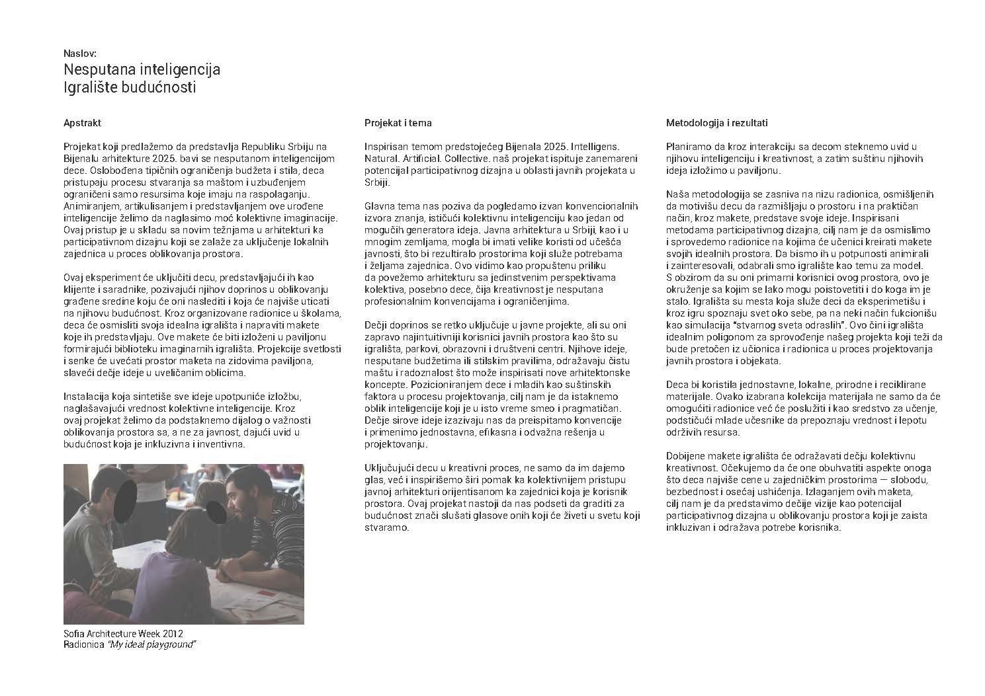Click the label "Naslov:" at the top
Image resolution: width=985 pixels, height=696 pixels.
point(80,53)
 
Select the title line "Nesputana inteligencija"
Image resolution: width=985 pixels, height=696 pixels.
point(142,69)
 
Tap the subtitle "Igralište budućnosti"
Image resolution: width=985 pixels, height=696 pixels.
point(130,87)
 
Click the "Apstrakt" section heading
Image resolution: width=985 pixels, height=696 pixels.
point(82,123)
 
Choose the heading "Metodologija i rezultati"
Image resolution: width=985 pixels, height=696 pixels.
point(716,123)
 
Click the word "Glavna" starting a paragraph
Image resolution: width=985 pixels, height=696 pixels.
point(380,206)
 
